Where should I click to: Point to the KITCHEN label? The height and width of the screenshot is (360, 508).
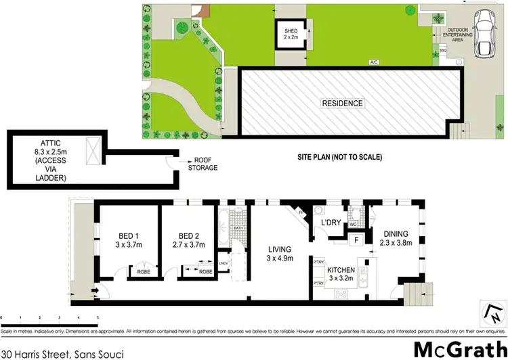341,273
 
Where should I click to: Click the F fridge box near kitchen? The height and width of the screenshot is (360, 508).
356,240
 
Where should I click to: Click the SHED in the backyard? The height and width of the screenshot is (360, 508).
291,34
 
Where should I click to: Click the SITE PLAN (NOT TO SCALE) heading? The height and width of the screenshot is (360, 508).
340,157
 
